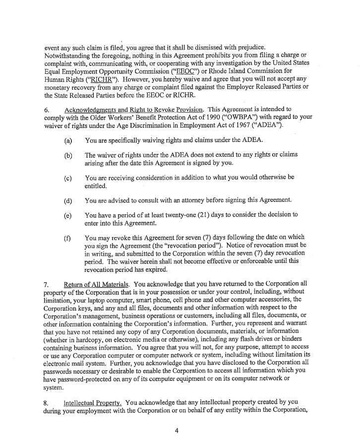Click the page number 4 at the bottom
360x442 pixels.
pyautogui.click(x=177, y=431)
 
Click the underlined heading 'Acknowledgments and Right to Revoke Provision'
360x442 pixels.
pyautogui.click(x=134, y=109)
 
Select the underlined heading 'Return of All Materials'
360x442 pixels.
pyautogui.click(x=97, y=284)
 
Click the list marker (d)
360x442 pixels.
pyautogui.click(x=68, y=200)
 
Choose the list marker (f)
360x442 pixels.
pyautogui.click(x=68, y=238)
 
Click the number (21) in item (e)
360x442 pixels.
pyautogui.click(x=201, y=215)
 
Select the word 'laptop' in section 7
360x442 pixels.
pyautogui.click(x=119, y=299)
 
